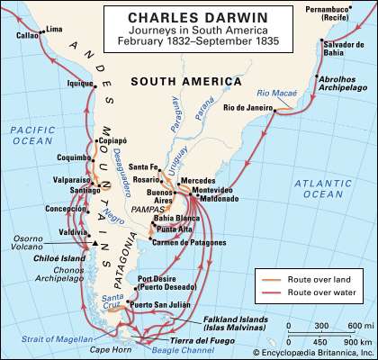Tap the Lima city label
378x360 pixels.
pyautogui.click(x=56, y=29)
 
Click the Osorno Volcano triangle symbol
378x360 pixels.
pyautogui.click(x=93, y=244)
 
